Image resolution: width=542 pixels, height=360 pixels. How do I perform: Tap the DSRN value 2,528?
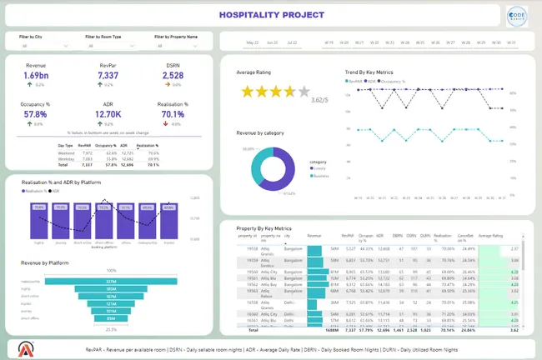click(x=173, y=75)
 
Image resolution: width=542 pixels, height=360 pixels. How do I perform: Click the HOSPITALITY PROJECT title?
click(x=270, y=15)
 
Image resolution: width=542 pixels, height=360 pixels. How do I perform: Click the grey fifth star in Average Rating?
click(x=304, y=92)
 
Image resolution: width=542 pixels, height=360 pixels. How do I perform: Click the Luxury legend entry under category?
click(x=320, y=169)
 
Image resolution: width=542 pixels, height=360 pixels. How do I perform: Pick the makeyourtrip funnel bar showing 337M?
click(x=110, y=282)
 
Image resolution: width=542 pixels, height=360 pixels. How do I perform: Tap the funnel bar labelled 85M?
click(x=110, y=318)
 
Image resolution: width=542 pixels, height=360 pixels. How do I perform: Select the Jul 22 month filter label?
click(x=292, y=42)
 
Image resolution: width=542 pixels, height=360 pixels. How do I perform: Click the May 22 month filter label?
click(x=252, y=42)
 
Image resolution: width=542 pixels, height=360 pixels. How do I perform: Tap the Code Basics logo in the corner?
click(x=516, y=17)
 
